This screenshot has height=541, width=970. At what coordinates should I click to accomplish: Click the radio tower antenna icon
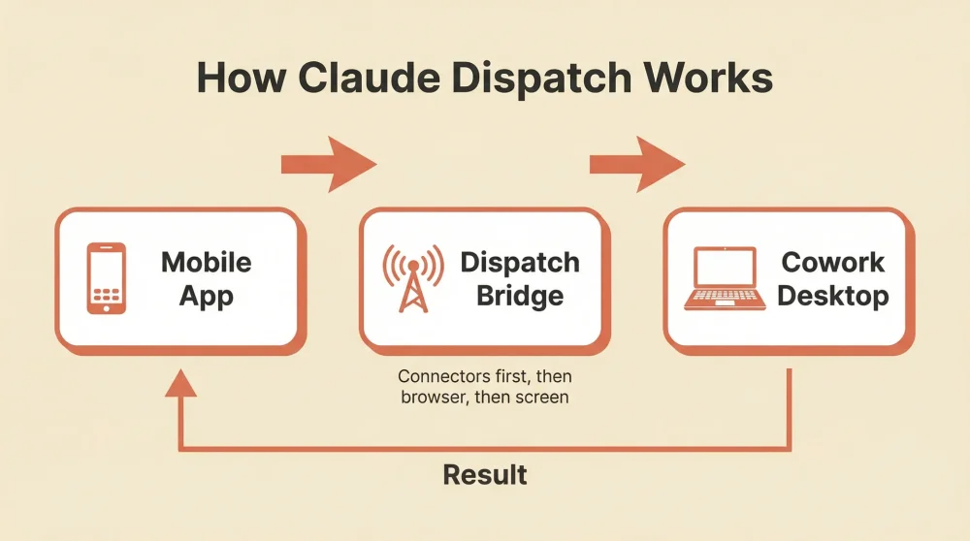(413, 278)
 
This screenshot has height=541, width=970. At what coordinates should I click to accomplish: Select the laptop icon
(723, 278)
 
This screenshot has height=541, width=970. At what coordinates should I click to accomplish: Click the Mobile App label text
(206, 278)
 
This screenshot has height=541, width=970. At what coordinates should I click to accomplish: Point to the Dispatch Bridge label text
(520, 278)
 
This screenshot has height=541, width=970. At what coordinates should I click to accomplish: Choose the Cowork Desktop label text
(832, 278)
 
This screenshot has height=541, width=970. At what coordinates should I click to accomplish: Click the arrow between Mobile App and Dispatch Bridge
(329, 164)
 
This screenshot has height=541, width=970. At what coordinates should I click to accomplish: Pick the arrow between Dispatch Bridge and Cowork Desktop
(637, 164)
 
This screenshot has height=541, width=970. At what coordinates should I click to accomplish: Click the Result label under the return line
(485, 475)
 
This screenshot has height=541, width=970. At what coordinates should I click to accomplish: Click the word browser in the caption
(434, 397)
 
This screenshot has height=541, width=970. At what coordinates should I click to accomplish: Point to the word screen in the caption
(544, 397)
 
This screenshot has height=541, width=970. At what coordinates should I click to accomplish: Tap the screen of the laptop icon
(723, 269)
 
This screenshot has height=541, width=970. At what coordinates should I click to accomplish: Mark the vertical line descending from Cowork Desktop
(792, 407)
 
